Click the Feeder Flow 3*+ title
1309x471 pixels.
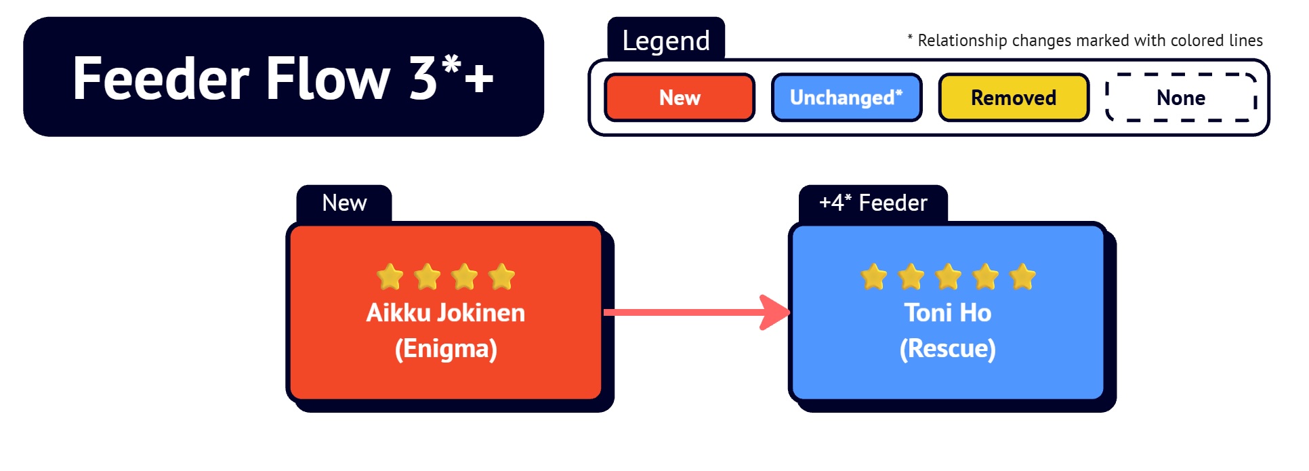[x=283, y=78]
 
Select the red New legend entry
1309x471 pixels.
[x=680, y=98]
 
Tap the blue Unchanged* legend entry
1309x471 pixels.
[x=846, y=98]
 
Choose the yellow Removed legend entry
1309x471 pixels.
[x=1014, y=98]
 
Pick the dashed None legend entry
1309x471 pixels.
[x=1181, y=98]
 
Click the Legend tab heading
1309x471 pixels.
[x=666, y=41]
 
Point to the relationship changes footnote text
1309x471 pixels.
[x=1085, y=41]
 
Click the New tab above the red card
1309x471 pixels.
[x=344, y=203]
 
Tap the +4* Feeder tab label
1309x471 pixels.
[x=873, y=203]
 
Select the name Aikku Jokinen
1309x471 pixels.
[x=446, y=312]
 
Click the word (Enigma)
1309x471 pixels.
[x=446, y=348]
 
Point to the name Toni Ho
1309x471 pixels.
[x=948, y=312]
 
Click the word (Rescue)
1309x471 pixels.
[x=948, y=348]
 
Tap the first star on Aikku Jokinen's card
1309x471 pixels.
[x=390, y=277]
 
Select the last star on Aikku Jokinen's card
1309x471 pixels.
[x=501, y=277]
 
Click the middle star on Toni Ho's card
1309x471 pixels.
[x=948, y=277]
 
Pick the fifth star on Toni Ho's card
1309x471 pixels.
[x=1022, y=277]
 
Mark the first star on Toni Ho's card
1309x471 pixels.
[x=874, y=277]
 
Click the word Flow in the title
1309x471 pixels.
[x=328, y=78]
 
